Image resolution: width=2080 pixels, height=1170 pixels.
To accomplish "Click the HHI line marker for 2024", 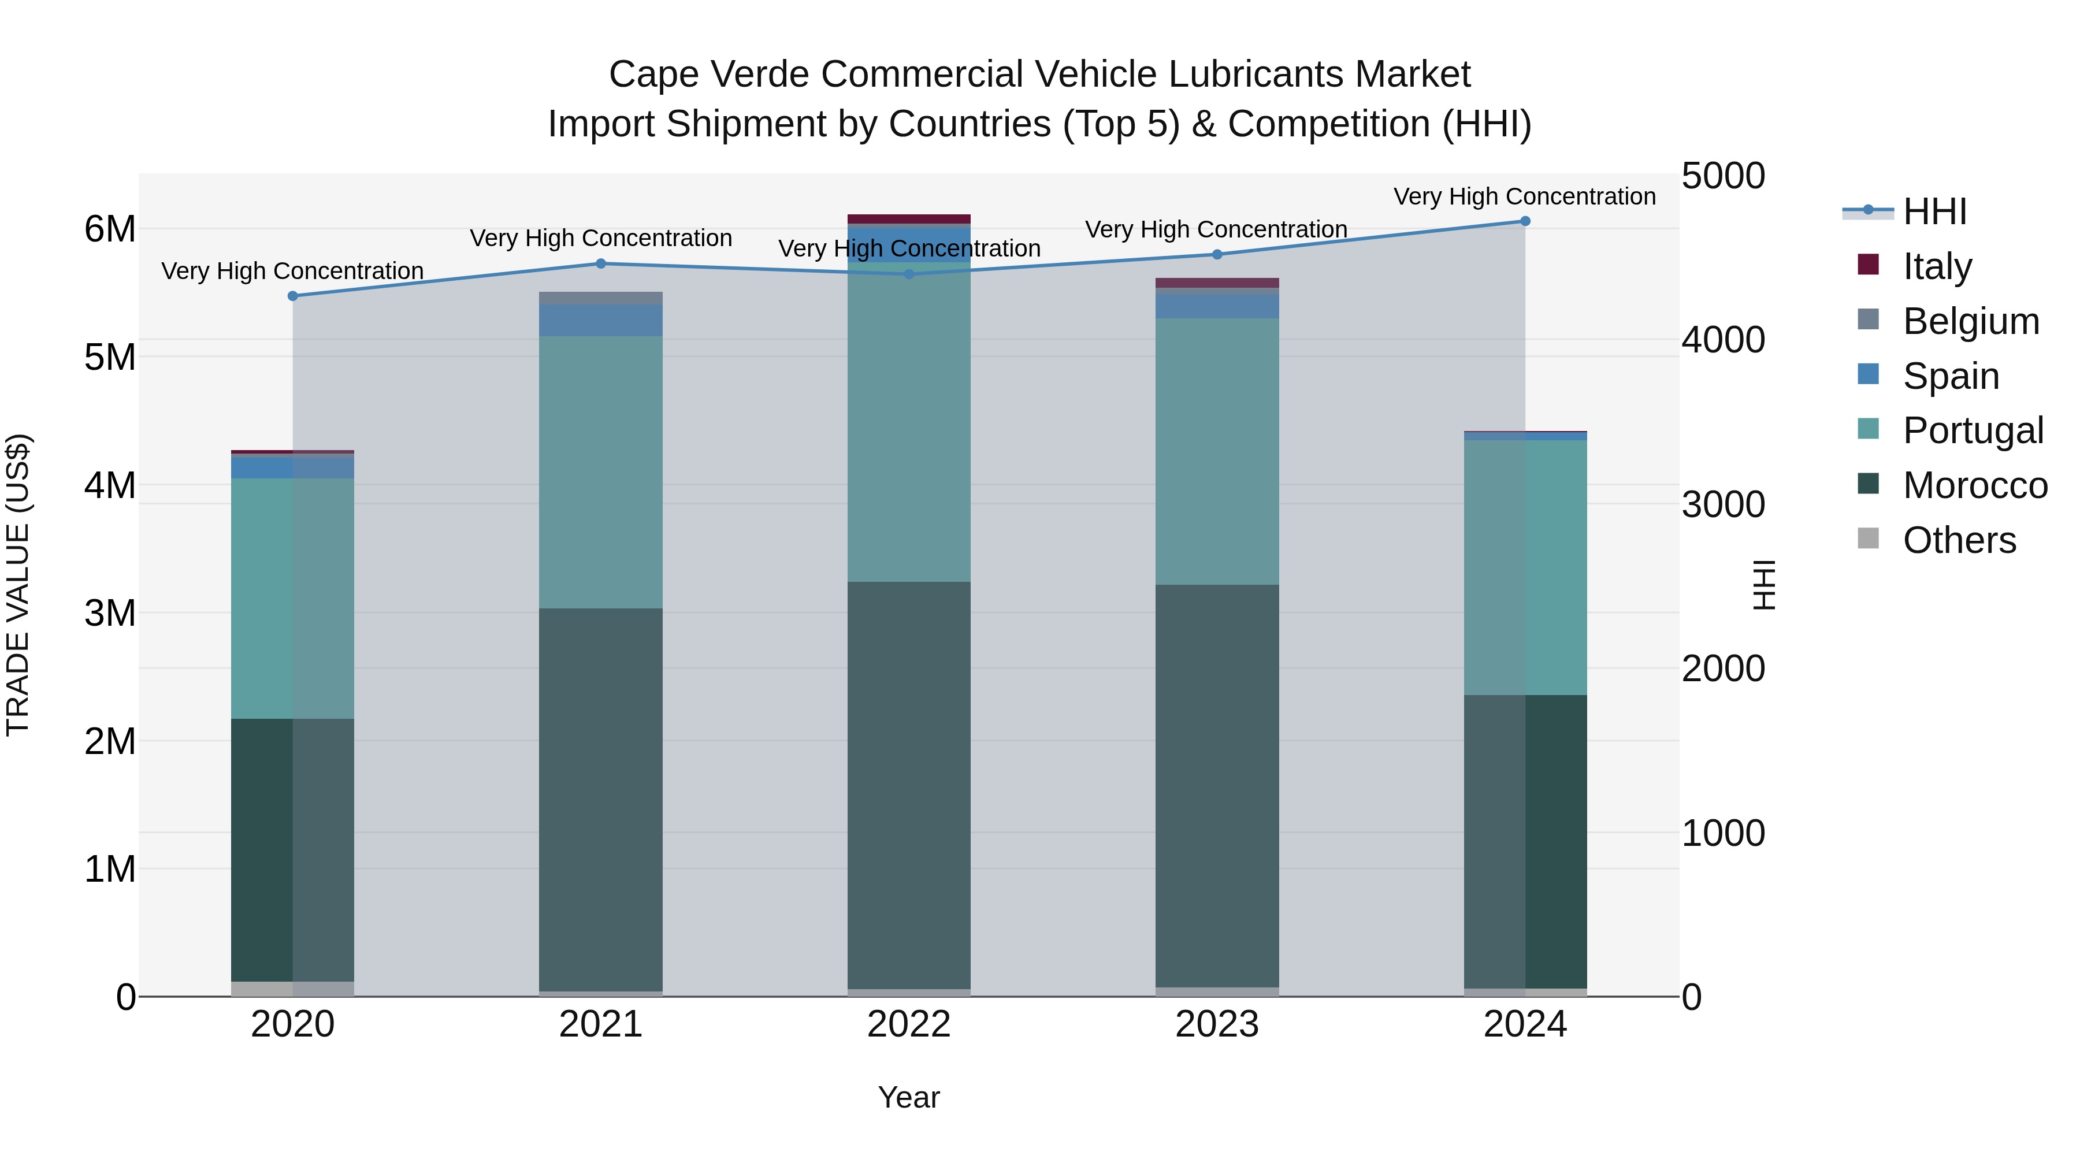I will coord(1525,221).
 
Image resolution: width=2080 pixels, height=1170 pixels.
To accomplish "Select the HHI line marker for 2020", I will coord(292,296).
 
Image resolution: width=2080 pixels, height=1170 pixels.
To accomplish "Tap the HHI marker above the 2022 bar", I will coord(909,274).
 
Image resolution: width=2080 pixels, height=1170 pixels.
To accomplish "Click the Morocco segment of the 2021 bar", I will coord(601,800).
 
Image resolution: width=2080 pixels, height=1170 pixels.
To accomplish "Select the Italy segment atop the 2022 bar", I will coord(909,219).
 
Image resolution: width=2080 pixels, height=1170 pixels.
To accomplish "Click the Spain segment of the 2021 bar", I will coord(601,321).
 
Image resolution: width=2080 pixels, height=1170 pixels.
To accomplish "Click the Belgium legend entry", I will coord(1970,321).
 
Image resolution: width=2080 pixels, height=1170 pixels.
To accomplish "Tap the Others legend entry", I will coord(1959,540).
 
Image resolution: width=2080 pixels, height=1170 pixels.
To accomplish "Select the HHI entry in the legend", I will coord(1934,211).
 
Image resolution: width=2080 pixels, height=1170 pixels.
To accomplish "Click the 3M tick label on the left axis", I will coord(110,614).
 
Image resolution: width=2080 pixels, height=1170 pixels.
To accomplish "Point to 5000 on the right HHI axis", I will coord(1723,176).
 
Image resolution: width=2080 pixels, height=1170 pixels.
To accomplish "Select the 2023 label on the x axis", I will coord(1217,1024).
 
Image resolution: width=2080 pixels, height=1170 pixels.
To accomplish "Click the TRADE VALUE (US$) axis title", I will coord(18,585).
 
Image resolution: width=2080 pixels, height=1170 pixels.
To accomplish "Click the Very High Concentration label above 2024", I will coord(1525,196).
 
